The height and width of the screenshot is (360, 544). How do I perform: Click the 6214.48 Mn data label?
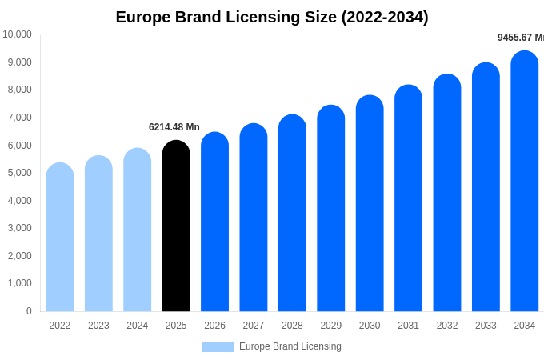pyautogui.click(x=174, y=127)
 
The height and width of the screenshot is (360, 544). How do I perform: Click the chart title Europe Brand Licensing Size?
pyautogui.click(x=272, y=17)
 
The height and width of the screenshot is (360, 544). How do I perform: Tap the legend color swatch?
pyautogui.click(x=218, y=347)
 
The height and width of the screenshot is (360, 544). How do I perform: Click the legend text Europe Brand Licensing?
pyautogui.click(x=290, y=346)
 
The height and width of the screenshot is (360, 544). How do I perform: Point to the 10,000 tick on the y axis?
pyautogui.click(x=17, y=34)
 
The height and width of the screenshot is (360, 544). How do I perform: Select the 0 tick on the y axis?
pyautogui.click(x=29, y=311)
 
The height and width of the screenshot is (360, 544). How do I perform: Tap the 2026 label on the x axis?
pyautogui.click(x=214, y=326)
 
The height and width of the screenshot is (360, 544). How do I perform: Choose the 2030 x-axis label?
pyautogui.click(x=370, y=326)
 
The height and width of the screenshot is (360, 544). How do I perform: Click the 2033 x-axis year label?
pyautogui.click(x=486, y=326)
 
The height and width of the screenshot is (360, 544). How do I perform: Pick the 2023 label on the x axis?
pyautogui.click(x=98, y=326)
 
